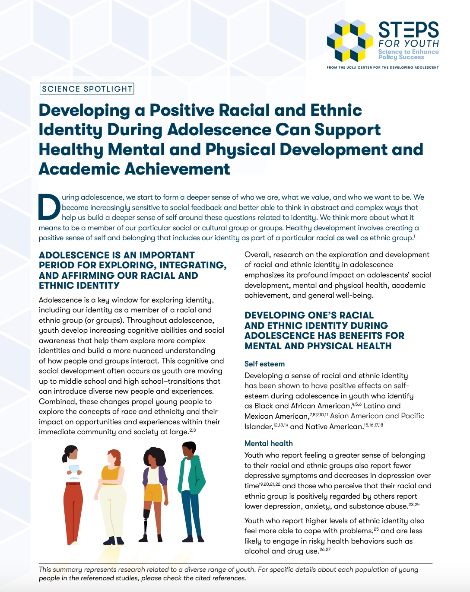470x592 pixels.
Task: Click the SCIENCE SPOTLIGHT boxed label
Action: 87,89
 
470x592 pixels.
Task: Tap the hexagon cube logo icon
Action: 349,41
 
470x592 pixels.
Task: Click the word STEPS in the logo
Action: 408,30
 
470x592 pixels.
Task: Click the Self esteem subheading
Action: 264,364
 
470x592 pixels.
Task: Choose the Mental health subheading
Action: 268,443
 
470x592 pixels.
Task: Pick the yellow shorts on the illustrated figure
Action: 154,493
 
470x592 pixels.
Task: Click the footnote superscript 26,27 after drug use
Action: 325,550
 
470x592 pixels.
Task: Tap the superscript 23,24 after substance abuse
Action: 414,505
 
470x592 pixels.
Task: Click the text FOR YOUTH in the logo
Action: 408,44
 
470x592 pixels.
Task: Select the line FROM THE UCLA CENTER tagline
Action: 382,67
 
